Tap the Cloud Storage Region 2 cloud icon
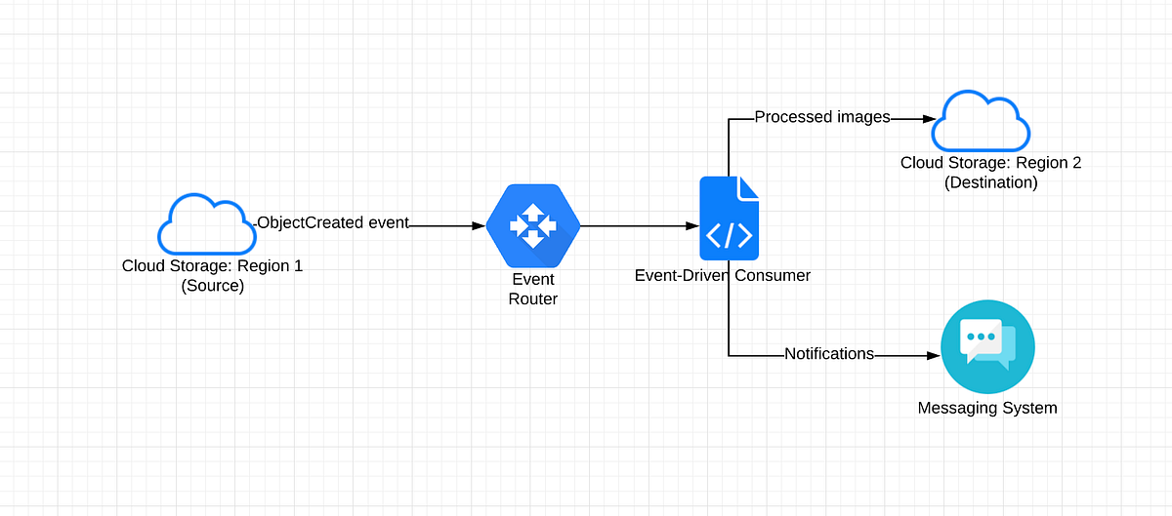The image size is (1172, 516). [x=981, y=121]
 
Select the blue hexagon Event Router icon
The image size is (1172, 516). [x=533, y=225]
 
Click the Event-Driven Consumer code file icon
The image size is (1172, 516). [x=729, y=218]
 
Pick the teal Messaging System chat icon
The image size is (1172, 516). [x=987, y=347]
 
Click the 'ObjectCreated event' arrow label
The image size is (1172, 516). [x=332, y=223]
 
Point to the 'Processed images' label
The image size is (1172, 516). [x=822, y=117]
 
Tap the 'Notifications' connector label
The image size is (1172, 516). [x=829, y=354]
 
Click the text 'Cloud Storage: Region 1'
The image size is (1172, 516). [x=212, y=266]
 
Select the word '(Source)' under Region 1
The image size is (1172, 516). [x=212, y=287]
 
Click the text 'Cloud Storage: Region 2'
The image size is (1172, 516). [x=990, y=163]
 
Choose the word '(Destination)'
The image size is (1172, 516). [x=990, y=182]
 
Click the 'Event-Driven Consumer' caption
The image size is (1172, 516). [x=723, y=275]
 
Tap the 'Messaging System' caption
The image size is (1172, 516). [x=987, y=408]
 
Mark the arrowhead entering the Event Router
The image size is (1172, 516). [x=479, y=226]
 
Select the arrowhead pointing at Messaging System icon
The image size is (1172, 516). [x=932, y=356]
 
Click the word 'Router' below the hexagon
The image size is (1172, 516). [x=533, y=299]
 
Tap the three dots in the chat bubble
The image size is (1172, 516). [x=979, y=337]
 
